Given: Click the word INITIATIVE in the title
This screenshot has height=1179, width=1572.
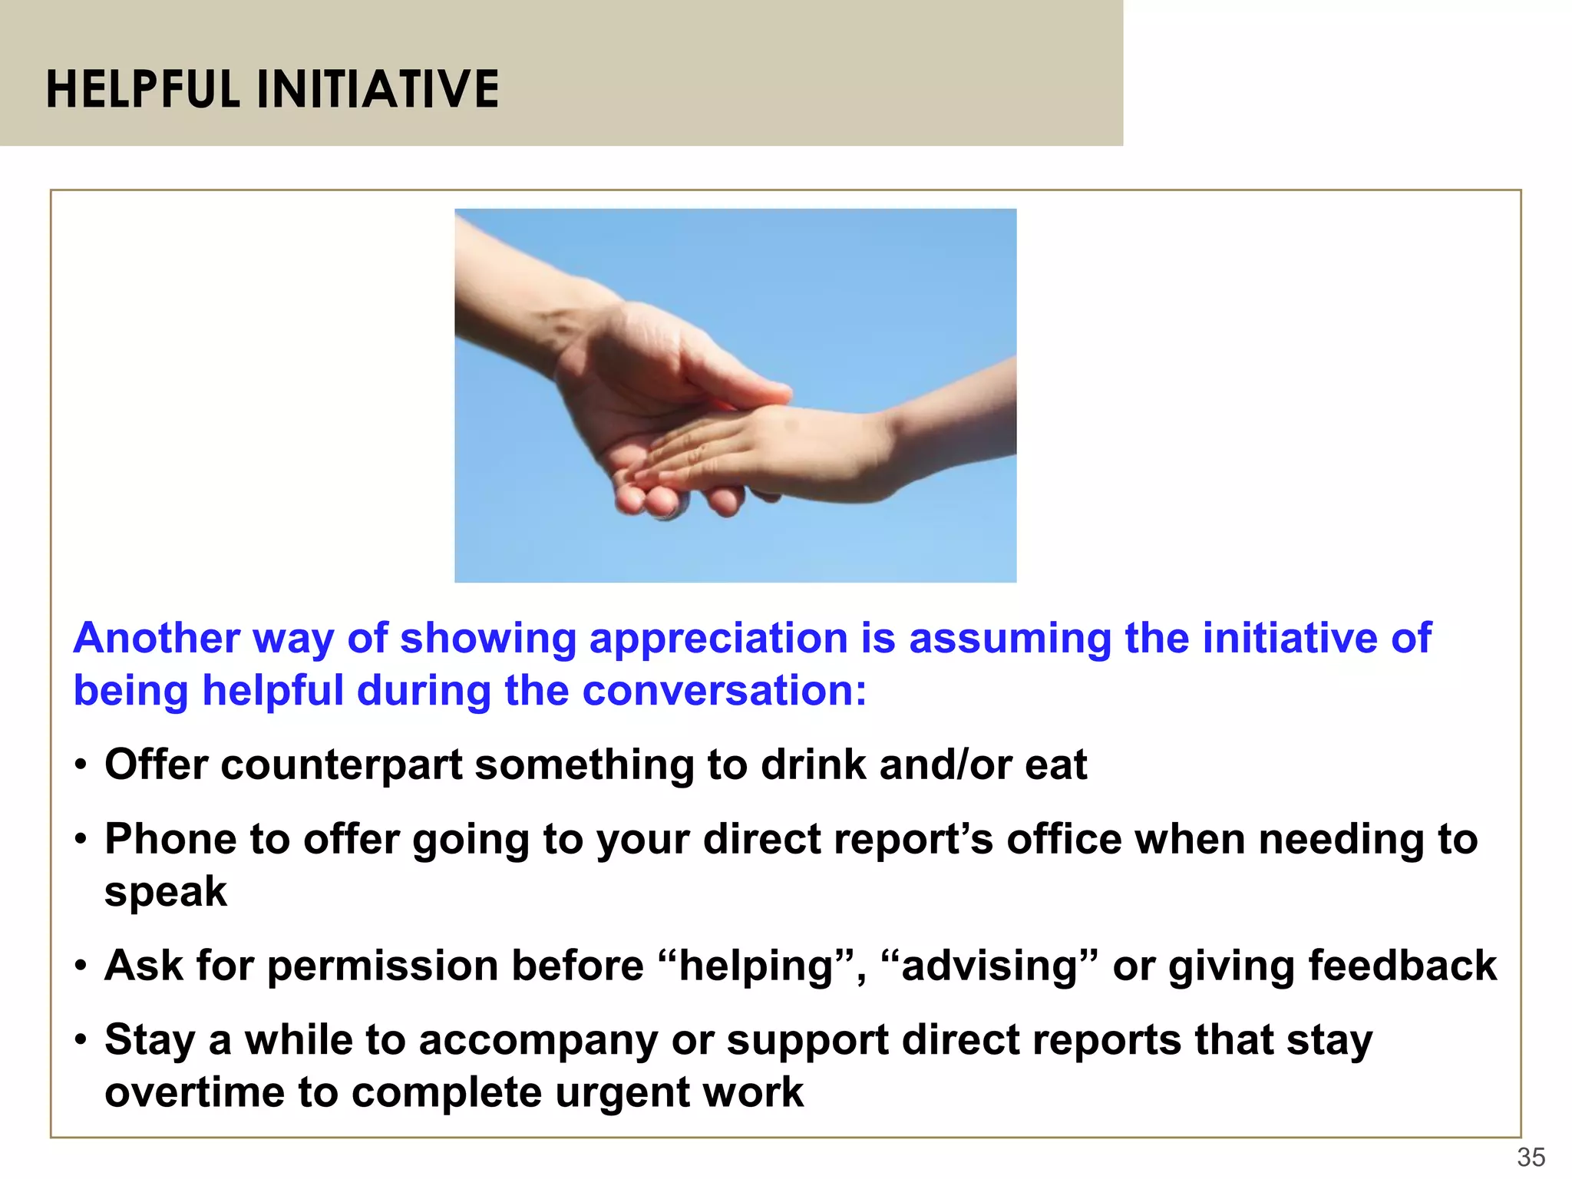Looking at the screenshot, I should coord(378,90).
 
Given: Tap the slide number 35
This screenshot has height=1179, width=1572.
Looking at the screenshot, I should coord(1531,1157).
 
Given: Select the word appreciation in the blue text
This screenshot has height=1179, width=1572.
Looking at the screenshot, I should coord(718,639).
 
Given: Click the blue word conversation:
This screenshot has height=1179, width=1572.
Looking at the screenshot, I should coord(725,691).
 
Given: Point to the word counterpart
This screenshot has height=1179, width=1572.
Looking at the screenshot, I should coord(342,765).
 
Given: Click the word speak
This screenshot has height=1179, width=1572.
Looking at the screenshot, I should coord(166,892).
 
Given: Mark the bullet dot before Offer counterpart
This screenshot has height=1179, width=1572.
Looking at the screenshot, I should coord(81,766).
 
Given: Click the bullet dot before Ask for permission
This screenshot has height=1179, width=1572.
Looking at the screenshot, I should coord(81,967).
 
